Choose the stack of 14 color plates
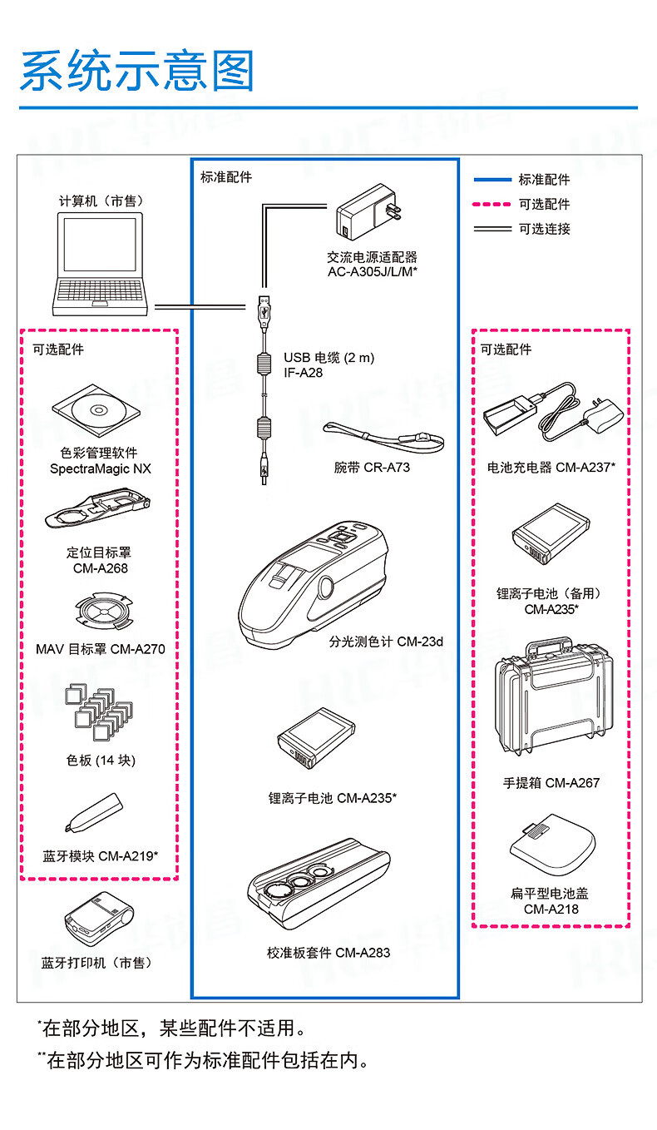[x=97, y=711]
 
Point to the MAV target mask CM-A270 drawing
[x=99, y=614]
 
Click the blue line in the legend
[x=492, y=179]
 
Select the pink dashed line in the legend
[x=492, y=204]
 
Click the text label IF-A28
[x=303, y=374]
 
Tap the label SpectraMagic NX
[x=100, y=469]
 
